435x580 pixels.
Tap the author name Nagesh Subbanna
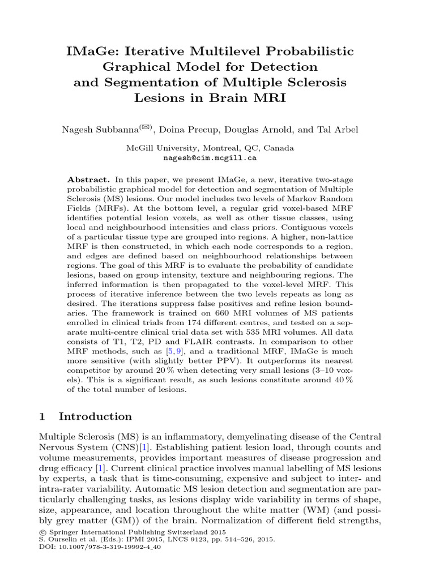pyautogui.click(x=94, y=130)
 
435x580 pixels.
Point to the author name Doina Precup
pyautogui.click(x=169, y=130)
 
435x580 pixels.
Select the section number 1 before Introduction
pyautogui.click(x=42, y=417)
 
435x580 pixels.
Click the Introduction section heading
pyautogui.click(x=95, y=417)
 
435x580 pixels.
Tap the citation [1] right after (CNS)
pyautogui.click(x=136, y=447)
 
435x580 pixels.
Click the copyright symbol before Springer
pyautogui.click(x=42, y=533)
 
